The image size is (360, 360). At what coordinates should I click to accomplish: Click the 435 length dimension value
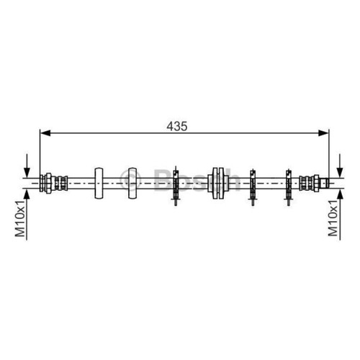tap(177, 126)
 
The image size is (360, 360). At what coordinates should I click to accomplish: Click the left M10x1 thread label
tap(20, 218)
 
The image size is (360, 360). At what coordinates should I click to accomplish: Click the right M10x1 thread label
tap(333, 218)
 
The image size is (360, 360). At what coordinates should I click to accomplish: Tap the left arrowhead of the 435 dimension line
tap(45, 132)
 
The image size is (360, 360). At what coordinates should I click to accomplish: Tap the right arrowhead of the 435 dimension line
tap(323, 132)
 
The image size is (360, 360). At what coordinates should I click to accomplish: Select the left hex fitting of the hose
tap(48, 183)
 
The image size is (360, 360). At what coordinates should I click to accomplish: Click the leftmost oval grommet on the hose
tap(99, 183)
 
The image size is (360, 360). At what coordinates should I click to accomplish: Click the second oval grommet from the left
tap(132, 183)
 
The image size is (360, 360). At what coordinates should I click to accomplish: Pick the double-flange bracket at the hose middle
tap(218, 183)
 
